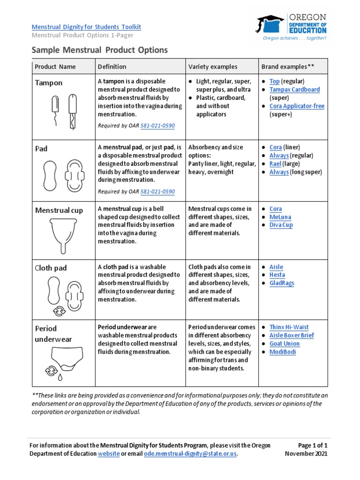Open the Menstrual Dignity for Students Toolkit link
click(86, 27)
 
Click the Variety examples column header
click(213, 67)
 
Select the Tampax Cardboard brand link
click(294, 90)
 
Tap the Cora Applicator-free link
click(297, 106)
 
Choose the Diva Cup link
click(281, 225)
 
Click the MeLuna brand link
click(280, 217)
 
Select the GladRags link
click(282, 283)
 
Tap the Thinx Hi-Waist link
click(289, 327)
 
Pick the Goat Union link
click(285, 344)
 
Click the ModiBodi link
click(283, 352)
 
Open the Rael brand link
click(275, 164)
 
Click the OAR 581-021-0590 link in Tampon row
click(157, 126)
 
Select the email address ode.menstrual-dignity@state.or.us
click(190, 454)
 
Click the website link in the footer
click(109, 454)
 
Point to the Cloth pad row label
click(51, 268)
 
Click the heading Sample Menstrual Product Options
click(99, 50)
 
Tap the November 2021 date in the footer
click(306, 454)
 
